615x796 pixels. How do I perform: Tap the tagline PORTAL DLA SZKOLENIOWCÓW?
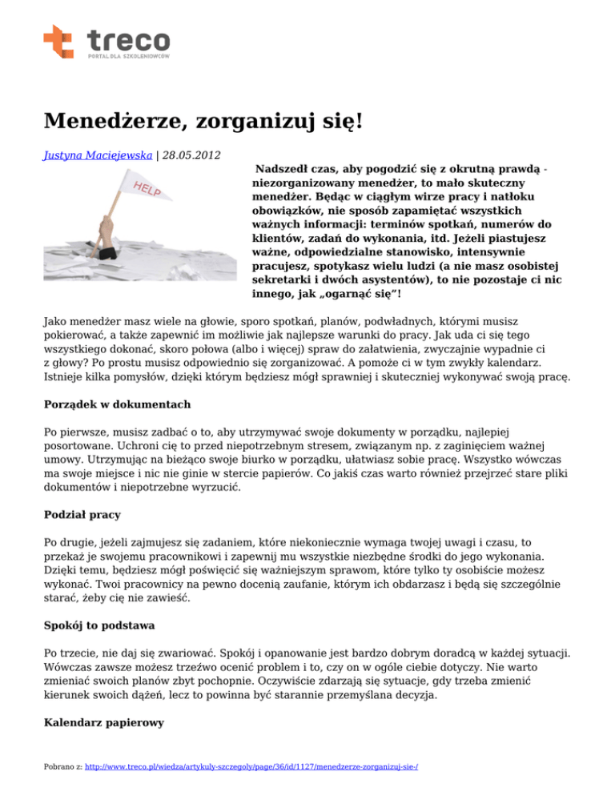(x=127, y=57)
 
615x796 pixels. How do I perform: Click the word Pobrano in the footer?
(x=56, y=766)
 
